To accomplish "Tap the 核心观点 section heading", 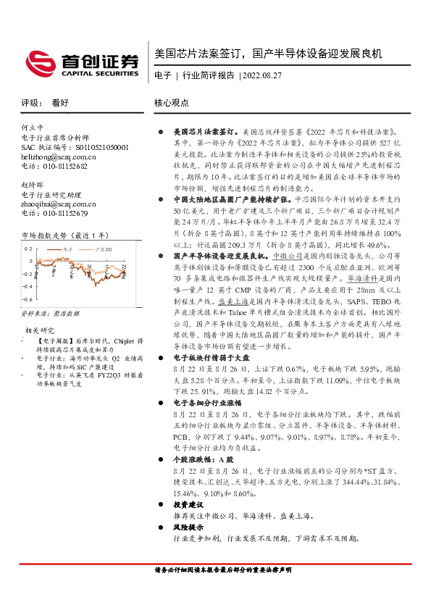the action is [x=172, y=103].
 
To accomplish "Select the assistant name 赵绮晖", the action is [x=33, y=185].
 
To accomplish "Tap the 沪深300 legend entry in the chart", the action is [x=97, y=248].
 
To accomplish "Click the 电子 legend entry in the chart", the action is [x=69, y=248].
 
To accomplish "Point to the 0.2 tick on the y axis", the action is [x=28, y=248].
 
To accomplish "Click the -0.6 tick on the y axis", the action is [x=27, y=298].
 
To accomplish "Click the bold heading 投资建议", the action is [x=188, y=504].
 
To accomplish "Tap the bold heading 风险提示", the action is [x=188, y=529].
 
